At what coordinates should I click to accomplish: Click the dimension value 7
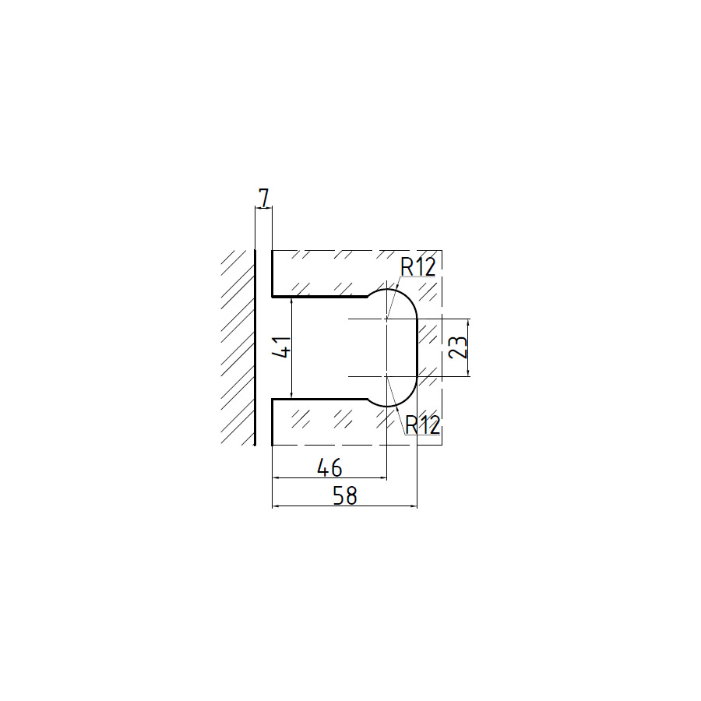[265, 199]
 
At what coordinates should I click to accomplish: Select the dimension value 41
[282, 347]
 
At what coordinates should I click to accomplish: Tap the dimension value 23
[458, 347]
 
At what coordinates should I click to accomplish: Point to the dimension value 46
[329, 467]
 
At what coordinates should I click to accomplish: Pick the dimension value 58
[345, 496]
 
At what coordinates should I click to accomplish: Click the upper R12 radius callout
[418, 267]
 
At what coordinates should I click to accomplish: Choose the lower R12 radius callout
[422, 424]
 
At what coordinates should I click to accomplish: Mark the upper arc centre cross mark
[386, 319]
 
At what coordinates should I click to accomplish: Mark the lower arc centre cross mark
[386, 376]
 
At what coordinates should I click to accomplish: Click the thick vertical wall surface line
[255, 348]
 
